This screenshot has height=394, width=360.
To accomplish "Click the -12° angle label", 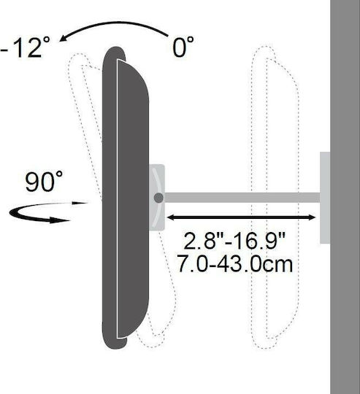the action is [x=25, y=47].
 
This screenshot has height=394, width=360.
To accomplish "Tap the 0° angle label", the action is [x=183, y=47].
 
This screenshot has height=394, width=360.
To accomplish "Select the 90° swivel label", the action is [x=44, y=182].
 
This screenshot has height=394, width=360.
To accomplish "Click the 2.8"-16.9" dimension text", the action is [x=234, y=241].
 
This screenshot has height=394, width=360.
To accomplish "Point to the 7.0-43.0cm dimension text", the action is [x=235, y=263].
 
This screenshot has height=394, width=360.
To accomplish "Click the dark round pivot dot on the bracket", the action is [x=158, y=198].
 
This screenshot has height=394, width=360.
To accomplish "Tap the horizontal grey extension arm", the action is [x=242, y=198].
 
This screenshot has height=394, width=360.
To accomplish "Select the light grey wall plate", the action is [x=325, y=198].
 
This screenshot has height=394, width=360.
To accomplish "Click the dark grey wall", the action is [x=345, y=197].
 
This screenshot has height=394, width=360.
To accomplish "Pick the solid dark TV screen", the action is [x=125, y=198].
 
